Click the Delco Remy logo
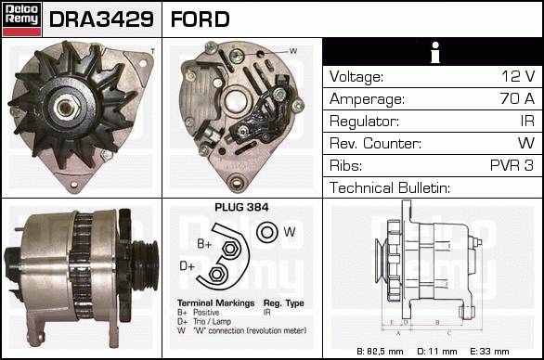(x=22, y=19)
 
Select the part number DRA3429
(x=101, y=19)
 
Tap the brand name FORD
(x=201, y=19)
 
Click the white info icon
(x=435, y=52)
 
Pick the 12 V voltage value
(x=518, y=76)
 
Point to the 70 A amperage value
(x=517, y=98)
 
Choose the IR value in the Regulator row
(x=527, y=121)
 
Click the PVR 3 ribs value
(x=512, y=165)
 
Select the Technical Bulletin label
(x=390, y=187)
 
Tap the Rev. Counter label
(x=375, y=143)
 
